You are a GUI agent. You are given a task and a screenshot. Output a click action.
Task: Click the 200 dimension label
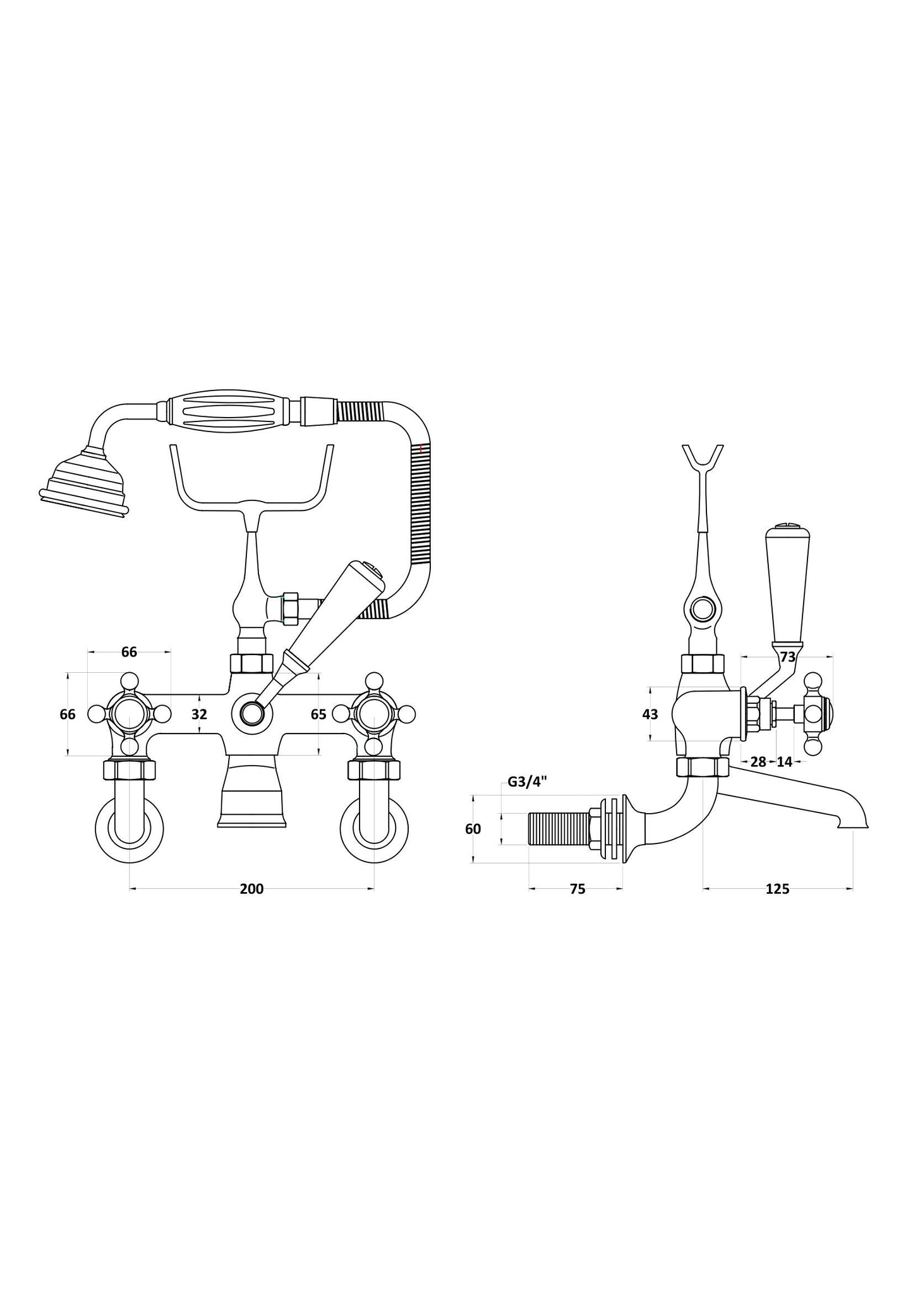click(x=251, y=889)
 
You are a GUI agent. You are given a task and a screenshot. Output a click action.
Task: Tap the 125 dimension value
click(x=777, y=889)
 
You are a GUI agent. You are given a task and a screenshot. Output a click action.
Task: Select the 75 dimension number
click(x=577, y=889)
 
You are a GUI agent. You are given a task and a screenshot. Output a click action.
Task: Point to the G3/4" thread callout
click(x=527, y=782)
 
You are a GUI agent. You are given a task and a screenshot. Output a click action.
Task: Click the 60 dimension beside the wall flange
click(x=473, y=829)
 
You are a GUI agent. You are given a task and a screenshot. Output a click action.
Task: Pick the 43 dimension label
click(x=650, y=714)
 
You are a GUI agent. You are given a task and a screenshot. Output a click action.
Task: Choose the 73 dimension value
click(x=787, y=657)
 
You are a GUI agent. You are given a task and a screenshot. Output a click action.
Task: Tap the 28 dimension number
click(x=758, y=762)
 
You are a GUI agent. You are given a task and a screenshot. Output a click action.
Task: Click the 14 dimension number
click(x=784, y=762)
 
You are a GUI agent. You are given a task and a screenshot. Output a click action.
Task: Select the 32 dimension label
click(x=199, y=714)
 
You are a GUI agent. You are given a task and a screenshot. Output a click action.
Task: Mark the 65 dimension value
click(x=318, y=714)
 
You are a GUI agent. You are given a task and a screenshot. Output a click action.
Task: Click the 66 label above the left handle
click(x=129, y=652)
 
